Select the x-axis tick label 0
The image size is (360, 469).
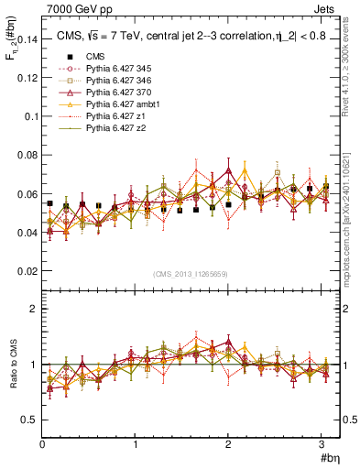(x=42, y=444)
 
